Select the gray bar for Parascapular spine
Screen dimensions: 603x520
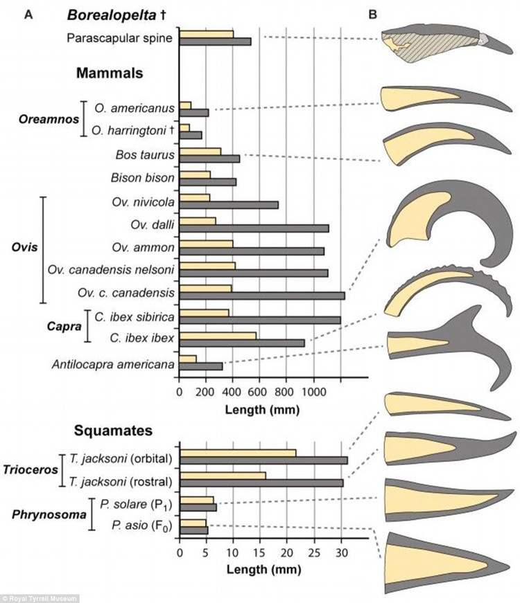tap(215, 42)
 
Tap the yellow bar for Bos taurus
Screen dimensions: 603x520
tap(200, 151)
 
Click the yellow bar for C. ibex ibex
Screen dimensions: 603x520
tap(218, 336)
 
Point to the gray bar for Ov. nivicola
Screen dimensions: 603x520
tap(229, 204)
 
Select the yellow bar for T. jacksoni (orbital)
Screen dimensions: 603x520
tap(237, 453)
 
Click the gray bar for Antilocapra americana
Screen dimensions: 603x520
tap(201, 366)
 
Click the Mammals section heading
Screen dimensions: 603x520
tap(109, 73)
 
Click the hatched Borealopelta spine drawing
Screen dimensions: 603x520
tap(430, 43)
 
